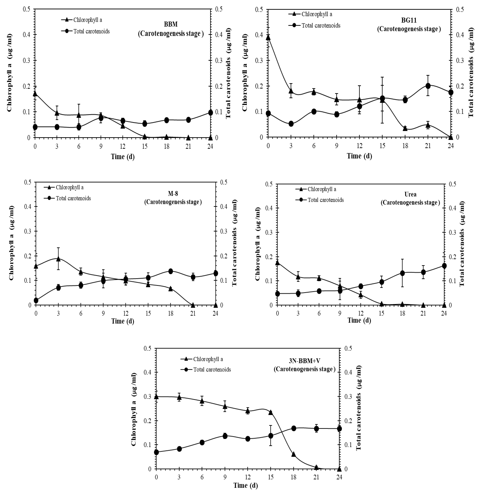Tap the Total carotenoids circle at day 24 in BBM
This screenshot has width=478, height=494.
[210, 113]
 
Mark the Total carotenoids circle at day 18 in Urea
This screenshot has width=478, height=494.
[402, 273]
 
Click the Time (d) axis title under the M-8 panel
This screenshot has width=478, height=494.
[123, 321]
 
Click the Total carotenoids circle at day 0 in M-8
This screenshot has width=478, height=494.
[36, 300]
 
